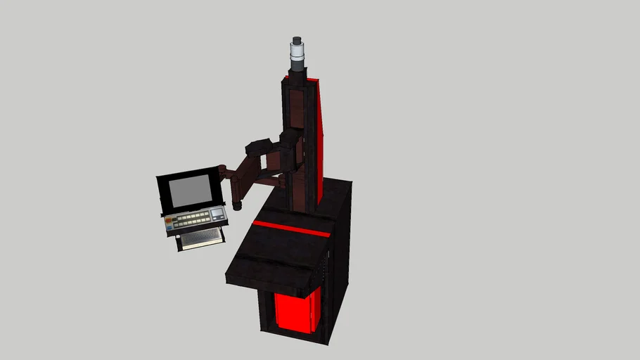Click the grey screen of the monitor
coord(191,191)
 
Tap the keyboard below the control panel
coord(202,238)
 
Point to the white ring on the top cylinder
coord(297,53)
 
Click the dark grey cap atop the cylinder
coord(297,40)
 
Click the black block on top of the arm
coord(258,147)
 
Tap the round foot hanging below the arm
coord(237,207)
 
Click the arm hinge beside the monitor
coord(222,171)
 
